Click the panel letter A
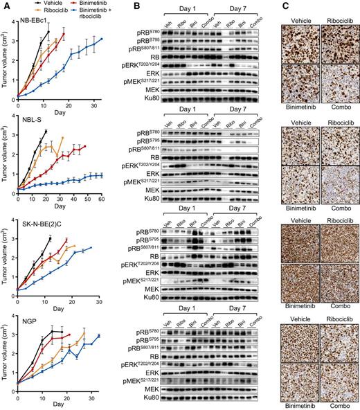click(x=5, y=6)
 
